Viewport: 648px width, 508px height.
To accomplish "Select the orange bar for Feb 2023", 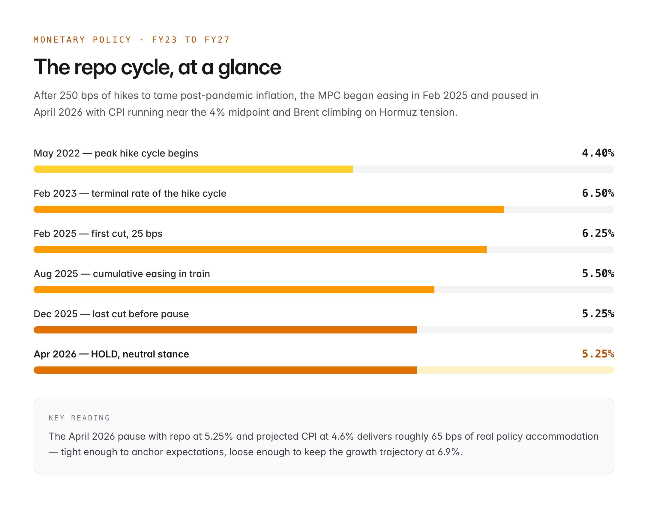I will point(268,209).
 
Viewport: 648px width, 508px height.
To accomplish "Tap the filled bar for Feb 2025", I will point(260,250).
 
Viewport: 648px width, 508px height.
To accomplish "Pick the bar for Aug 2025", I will point(234,290).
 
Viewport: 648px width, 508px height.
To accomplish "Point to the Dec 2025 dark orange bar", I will point(225,330).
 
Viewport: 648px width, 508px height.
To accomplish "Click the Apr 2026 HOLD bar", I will point(225,370).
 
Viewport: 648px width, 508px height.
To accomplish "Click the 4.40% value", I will point(598,153).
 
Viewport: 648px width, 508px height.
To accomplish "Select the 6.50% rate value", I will point(598,193).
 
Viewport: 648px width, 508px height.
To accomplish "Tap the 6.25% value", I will point(598,233).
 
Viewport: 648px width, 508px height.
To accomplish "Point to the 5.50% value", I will point(598,273).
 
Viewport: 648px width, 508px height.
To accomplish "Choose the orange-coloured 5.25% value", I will point(598,354).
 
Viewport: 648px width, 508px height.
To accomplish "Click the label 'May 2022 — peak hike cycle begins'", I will point(116,153).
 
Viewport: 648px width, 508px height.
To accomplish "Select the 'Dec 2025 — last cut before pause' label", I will point(111,314).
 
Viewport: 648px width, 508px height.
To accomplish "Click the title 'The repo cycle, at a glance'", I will point(157,67).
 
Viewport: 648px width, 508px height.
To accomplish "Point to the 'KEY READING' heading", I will point(79,418).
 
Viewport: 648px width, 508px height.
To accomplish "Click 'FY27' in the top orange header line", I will point(217,40).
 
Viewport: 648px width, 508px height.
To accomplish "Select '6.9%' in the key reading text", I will point(448,452).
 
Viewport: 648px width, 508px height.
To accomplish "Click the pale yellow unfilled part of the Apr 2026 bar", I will point(515,370).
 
